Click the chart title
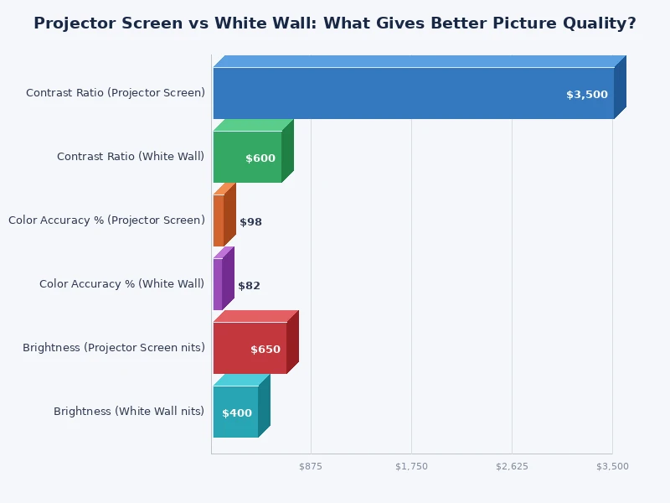pos(335,23)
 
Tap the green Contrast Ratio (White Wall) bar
pos(247,157)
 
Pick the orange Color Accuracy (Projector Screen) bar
pos(219,220)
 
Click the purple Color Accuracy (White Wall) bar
pos(218,284)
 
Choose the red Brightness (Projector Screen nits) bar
pos(250,348)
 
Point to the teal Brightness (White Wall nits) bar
pos(235,412)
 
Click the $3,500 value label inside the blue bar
pos(586,95)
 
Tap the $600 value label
pos(260,158)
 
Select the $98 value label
pos(250,222)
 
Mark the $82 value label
pos(249,286)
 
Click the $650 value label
pos(265,350)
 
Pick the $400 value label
pos(236,413)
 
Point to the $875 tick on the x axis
pos(311,466)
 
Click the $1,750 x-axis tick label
pos(411,466)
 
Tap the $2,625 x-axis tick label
pos(512,466)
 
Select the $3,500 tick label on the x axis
pos(611,466)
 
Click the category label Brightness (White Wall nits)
pos(129,412)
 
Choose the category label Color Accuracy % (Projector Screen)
pos(106,220)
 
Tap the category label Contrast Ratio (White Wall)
pos(131,157)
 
